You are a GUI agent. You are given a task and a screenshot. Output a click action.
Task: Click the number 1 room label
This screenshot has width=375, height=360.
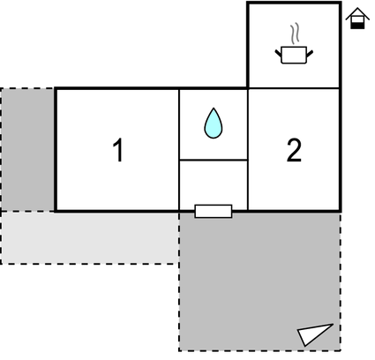[x=118, y=150]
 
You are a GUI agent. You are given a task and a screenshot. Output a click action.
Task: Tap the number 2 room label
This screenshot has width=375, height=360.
[x=294, y=150]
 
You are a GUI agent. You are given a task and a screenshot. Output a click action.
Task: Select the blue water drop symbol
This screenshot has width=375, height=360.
[x=214, y=123]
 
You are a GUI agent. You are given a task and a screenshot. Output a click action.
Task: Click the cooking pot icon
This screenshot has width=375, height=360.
[x=294, y=55]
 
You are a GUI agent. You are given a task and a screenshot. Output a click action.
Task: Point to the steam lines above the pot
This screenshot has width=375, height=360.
[x=295, y=33]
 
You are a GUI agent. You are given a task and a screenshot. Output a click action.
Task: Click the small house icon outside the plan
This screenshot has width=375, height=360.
[x=357, y=19]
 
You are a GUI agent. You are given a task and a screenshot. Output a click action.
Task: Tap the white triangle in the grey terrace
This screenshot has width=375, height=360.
[x=315, y=334]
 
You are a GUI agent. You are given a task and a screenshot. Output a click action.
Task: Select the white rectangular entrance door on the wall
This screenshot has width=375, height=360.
[x=214, y=211]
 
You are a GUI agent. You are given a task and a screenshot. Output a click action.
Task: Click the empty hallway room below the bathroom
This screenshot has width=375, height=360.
[x=214, y=183]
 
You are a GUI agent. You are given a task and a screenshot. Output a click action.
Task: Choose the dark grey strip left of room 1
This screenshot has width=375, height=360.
[x=28, y=149]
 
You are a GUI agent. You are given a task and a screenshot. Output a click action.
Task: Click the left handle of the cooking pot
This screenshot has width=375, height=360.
[x=279, y=54]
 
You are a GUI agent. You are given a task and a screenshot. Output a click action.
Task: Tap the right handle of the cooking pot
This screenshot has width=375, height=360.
[x=310, y=54]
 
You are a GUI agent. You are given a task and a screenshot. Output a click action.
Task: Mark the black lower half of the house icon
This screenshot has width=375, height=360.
[x=357, y=26]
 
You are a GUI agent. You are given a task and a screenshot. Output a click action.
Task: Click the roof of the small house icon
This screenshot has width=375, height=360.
[x=357, y=13]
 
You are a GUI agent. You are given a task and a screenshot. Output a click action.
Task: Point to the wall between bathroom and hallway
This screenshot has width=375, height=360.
[x=214, y=161]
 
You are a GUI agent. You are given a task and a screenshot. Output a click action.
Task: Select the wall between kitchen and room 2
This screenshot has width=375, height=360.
[x=294, y=88]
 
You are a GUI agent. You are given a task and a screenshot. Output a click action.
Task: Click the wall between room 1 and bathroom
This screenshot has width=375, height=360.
[x=179, y=149]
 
